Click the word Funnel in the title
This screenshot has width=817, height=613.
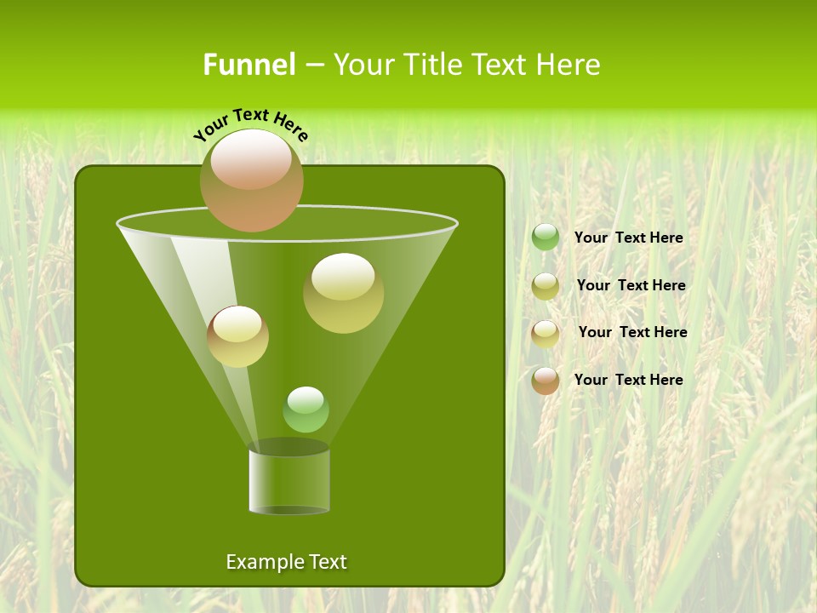tap(249, 65)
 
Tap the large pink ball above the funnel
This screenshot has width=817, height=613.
tap(251, 181)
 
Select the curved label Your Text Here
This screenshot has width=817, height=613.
tap(250, 124)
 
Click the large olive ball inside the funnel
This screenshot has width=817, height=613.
tap(343, 293)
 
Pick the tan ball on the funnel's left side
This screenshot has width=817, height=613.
tap(237, 336)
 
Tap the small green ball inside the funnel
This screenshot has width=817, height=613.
tap(306, 410)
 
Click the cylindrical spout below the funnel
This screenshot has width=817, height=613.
tap(289, 481)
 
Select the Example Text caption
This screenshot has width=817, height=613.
tap(286, 562)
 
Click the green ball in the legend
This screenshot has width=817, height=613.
tap(546, 238)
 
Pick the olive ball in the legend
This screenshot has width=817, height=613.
tap(546, 286)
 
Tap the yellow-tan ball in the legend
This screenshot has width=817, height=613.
tap(546, 333)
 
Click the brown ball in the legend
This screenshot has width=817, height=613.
tap(546, 381)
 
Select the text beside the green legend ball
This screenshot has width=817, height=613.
tap(628, 238)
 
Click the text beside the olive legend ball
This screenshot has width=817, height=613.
tap(631, 286)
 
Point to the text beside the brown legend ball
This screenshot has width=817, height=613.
tap(628, 380)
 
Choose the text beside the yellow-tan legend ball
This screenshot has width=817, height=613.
tap(632, 332)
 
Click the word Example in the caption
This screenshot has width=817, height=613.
tap(260, 562)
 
